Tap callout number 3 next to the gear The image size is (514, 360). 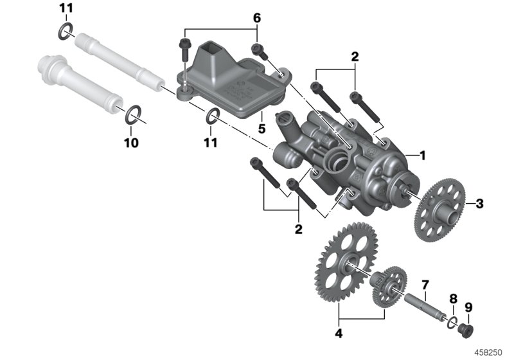pos(479,204)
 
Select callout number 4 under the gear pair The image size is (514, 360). pos(339,334)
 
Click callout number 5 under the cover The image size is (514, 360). pos(261,129)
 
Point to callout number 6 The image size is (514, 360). pos(256,18)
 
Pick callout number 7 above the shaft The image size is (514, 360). pos(424,285)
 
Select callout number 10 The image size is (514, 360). pos(130,143)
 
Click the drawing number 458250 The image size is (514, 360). pos(489,352)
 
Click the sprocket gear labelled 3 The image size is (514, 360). pos(442,210)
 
